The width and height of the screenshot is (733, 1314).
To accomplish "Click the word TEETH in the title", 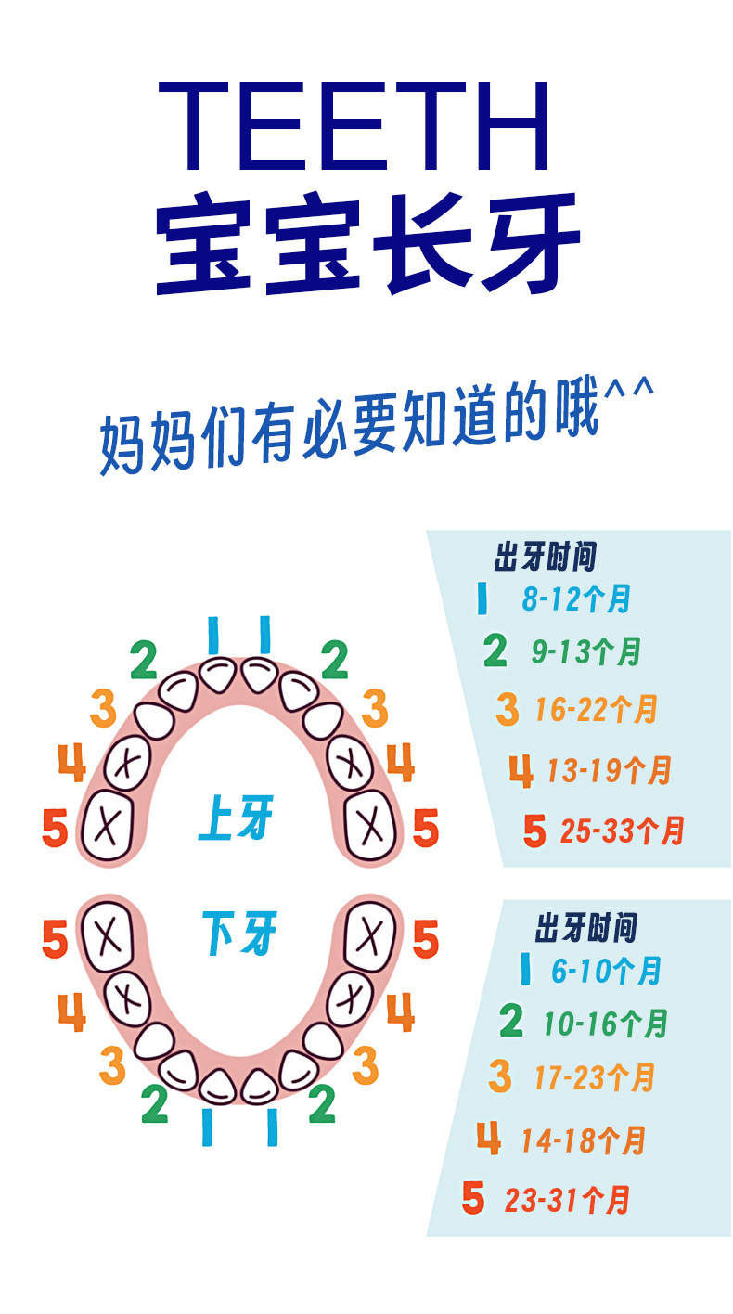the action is pyautogui.click(x=354, y=126).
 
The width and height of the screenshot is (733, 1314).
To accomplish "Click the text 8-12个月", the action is pyautogui.click(x=576, y=599).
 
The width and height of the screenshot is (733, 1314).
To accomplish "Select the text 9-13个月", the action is pyautogui.click(x=586, y=652).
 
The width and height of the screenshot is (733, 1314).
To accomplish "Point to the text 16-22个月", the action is pyautogui.click(x=596, y=711).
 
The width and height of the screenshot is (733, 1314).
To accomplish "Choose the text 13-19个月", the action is pyautogui.click(x=609, y=770).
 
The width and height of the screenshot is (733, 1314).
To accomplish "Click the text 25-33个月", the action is pyautogui.click(x=622, y=831).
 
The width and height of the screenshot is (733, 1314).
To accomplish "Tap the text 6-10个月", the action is pyautogui.click(x=606, y=972).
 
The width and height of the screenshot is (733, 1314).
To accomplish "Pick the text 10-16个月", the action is pyautogui.click(x=606, y=1024).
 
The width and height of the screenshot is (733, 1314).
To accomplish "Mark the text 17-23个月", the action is pyautogui.click(x=595, y=1078).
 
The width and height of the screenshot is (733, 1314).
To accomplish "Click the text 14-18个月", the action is pyautogui.click(x=583, y=1140).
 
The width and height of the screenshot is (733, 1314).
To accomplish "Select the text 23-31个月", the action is pyautogui.click(x=568, y=1201).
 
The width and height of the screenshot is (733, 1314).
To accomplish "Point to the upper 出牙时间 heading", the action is pyautogui.click(x=545, y=559).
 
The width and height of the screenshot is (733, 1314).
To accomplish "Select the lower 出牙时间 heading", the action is pyautogui.click(x=586, y=927).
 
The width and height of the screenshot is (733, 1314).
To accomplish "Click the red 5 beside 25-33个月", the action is pyautogui.click(x=534, y=831).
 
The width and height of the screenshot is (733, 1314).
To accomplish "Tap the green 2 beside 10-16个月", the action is pyautogui.click(x=511, y=1023).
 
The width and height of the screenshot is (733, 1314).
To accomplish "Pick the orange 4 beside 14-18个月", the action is pyautogui.click(x=489, y=1139).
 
